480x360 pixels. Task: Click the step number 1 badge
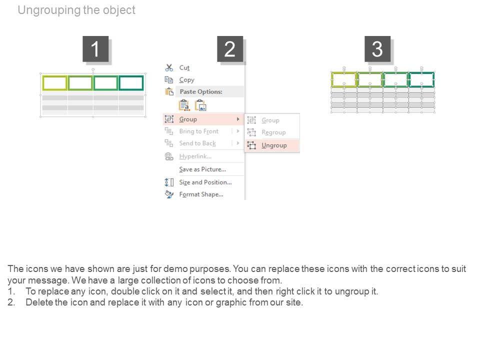[x=95, y=49]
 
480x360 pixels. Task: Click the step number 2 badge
[x=230, y=49]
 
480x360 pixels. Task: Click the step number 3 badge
[x=377, y=49]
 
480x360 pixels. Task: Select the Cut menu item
[x=184, y=67]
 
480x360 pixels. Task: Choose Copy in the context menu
[x=186, y=80]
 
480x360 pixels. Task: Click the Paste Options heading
[x=201, y=91]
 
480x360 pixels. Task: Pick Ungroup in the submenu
[x=274, y=145]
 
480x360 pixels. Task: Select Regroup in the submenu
[x=273, y=132]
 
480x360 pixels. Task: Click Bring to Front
[x=198, y=131]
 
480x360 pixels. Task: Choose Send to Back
[x=197, y=143]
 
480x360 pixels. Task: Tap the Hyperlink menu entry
[x=195, y=156]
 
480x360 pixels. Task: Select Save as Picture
[x=202, y=169]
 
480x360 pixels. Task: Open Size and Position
[x=205, y=182]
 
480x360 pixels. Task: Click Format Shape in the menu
[x=201, y=194]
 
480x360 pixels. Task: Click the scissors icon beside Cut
[x=169, y=67]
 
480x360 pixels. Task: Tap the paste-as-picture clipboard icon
[x=201, y=105]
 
